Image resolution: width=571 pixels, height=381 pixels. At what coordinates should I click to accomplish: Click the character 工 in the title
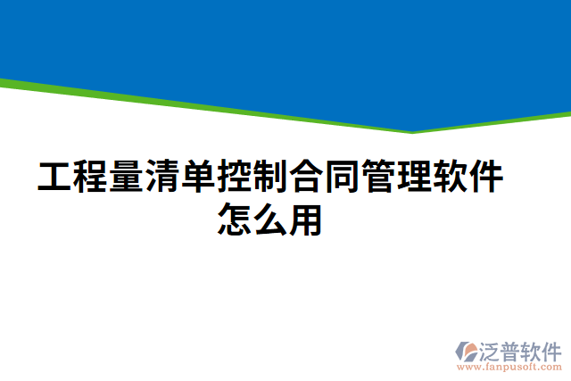point(54,178)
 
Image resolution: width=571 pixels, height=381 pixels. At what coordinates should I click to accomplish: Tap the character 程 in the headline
point(90,178)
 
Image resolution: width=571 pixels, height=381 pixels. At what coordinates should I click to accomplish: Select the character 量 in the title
point(126,178)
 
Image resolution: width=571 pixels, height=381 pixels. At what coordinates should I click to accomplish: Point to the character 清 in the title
point(162,178)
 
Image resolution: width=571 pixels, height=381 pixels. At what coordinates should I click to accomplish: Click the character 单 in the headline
point(198,178)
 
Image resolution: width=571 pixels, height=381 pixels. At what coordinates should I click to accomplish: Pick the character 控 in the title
point(234,178)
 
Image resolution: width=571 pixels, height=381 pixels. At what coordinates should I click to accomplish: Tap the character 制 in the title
point(269,178)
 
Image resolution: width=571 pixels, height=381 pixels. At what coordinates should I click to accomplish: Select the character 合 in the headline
point(306,178)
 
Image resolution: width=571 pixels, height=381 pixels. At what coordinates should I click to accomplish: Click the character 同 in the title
point(342,178)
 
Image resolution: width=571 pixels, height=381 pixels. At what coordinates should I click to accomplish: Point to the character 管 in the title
point(377,178)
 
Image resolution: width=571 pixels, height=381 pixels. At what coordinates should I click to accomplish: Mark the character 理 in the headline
point(413,178)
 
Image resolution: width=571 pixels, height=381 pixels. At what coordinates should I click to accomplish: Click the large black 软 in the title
point(450,178)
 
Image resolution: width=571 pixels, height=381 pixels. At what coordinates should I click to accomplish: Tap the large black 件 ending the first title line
point(485,178)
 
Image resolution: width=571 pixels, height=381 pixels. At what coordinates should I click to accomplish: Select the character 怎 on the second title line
point(234,219)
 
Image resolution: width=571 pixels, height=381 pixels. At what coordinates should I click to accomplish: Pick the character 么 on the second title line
point(269,219)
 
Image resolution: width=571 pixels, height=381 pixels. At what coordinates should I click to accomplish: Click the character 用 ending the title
point(306,219)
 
